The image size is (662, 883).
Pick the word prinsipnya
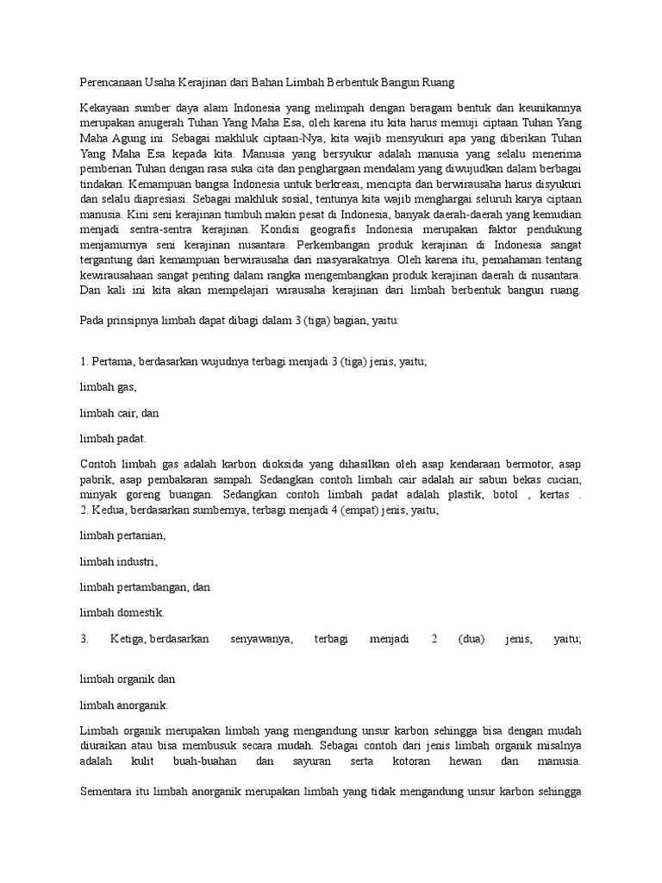click(x=136, y=320)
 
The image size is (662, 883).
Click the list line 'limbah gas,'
click(x=108, y=388)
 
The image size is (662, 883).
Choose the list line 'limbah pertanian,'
click(x=122, y=535)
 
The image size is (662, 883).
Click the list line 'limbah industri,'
click(x=118, y=561)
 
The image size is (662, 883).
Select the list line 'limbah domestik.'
click(x=122, y=612)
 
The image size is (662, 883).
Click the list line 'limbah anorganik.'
click(x=124, y=705)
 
